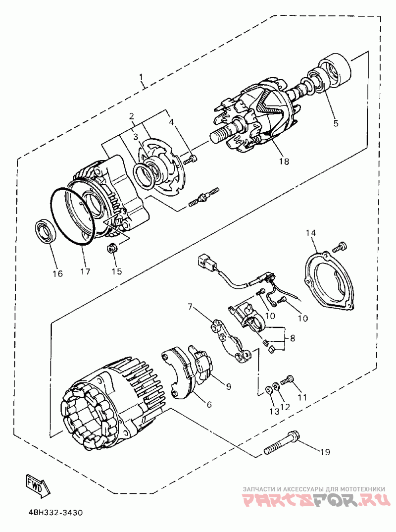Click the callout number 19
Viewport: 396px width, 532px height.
click(324, 452)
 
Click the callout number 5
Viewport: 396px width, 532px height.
click(336, 123)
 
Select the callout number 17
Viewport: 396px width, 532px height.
click(85, 271)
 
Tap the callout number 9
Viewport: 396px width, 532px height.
click(228, 386)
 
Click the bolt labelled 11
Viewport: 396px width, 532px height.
click(287, 381)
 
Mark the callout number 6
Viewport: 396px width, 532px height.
click(209, 405)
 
